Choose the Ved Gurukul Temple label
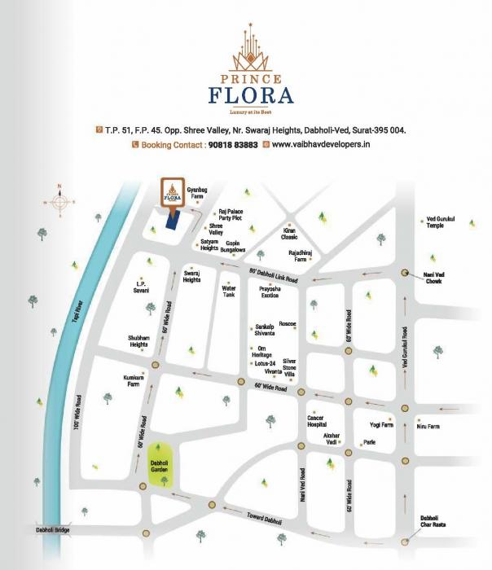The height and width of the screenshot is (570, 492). point(441,222)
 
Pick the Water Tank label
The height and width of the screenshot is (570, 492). point(229,291)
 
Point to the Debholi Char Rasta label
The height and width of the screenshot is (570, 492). point(431,522)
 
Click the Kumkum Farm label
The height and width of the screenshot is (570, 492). point(134,383)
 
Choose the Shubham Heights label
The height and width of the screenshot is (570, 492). point(138,340)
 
